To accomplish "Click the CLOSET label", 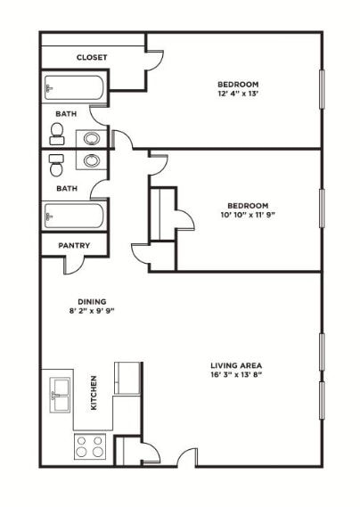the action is pos(92,58).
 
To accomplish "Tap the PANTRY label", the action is pos(74,245).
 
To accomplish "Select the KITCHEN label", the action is pos(94,393).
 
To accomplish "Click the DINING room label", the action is pos(92,302).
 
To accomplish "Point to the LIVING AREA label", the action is pos(236,365).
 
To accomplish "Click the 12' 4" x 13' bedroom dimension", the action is pos(238,94).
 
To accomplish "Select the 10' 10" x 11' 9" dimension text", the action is pos(248,215).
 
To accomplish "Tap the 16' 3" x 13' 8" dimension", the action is pos(236,375).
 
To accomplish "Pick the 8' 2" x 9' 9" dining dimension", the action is pos(92,311).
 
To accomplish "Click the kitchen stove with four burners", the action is pos(90,446).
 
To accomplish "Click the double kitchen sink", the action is pos(61,395).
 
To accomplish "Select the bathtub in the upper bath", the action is pos(74,87).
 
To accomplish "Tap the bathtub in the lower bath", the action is pos(74,216).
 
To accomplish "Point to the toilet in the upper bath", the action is pos(57,134).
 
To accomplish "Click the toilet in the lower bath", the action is pos(57,165).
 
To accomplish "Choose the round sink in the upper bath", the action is pos(92,139).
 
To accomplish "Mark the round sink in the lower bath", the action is pos(92,160).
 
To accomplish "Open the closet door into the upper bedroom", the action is pos(155,61).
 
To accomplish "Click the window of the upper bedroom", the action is pos(322,89).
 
